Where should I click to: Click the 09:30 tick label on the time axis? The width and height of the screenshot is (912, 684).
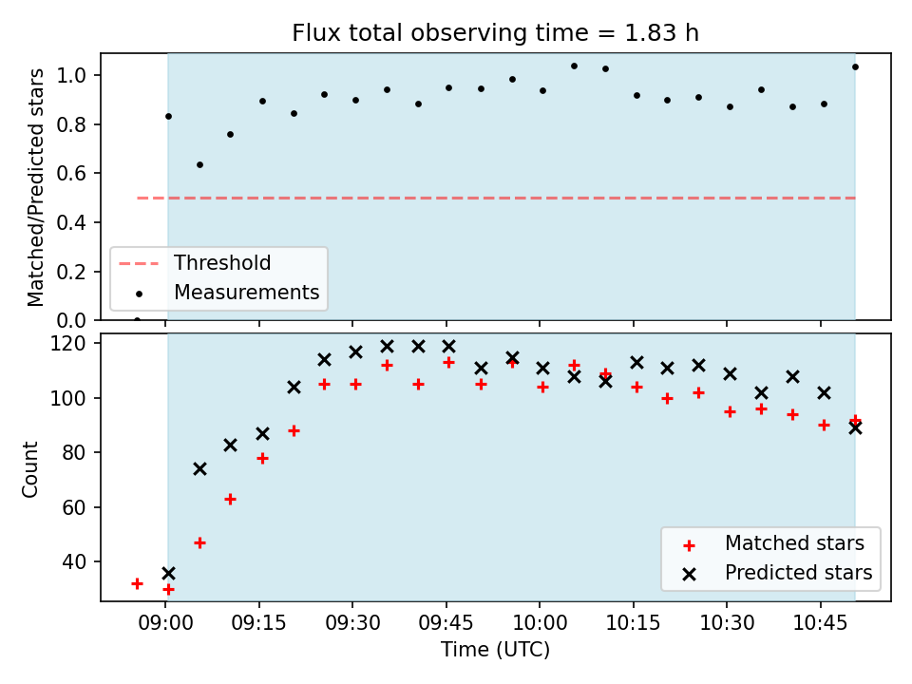(x=352, y=623)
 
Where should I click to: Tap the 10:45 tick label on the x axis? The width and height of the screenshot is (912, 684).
(x=821, y=623)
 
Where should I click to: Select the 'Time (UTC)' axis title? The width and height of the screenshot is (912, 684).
(x=495, y=649)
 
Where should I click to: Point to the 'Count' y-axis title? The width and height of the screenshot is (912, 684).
(x=29, y=468)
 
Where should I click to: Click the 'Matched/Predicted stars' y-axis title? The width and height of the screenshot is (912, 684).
(x=35, y=187)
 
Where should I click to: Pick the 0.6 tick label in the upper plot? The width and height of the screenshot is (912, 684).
(x=71, y=173)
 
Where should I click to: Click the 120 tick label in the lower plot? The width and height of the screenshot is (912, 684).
(x=68, y=343)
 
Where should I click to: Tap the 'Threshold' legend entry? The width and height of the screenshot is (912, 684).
(x=222, y=263)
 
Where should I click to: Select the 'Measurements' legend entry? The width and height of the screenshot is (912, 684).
(x=247, y=292)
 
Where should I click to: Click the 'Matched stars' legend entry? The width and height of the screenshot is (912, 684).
(x=794, y=543)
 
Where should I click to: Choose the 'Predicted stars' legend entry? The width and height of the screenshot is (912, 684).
(x=798, y=573)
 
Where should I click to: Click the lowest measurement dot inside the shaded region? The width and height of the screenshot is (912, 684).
(x=199, y=164)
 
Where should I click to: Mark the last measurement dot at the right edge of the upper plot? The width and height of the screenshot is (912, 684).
(x=855, y=66)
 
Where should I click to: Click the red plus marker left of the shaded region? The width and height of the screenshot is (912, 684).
(x=137, y=583)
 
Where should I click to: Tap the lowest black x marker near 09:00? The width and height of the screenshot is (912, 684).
(x=168, y=574)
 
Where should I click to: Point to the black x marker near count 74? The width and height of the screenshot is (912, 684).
(x=199, y=468)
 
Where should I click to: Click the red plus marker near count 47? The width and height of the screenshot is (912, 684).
(x=199, y=543)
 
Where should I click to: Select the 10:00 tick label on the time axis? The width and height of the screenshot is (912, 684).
(x=540, y=623)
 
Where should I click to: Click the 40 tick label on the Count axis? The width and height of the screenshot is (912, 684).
(x=74, y=561)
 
